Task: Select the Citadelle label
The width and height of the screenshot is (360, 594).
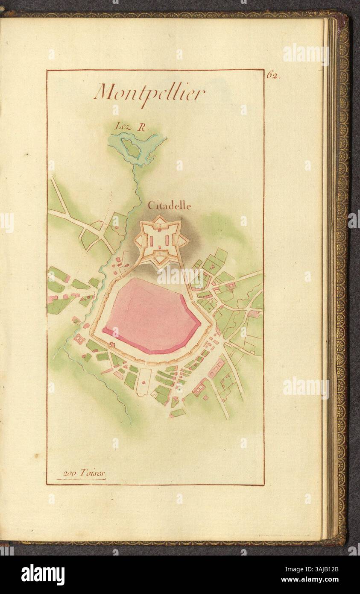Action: [169, 206]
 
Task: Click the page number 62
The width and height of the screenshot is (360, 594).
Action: [272, 75]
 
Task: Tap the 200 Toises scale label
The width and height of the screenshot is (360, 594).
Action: [83, 473]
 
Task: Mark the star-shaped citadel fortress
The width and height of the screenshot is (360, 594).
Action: [161, 240]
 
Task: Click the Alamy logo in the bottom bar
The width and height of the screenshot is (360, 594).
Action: [43, 575]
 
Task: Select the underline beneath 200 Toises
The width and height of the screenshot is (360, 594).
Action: [81, 479]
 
